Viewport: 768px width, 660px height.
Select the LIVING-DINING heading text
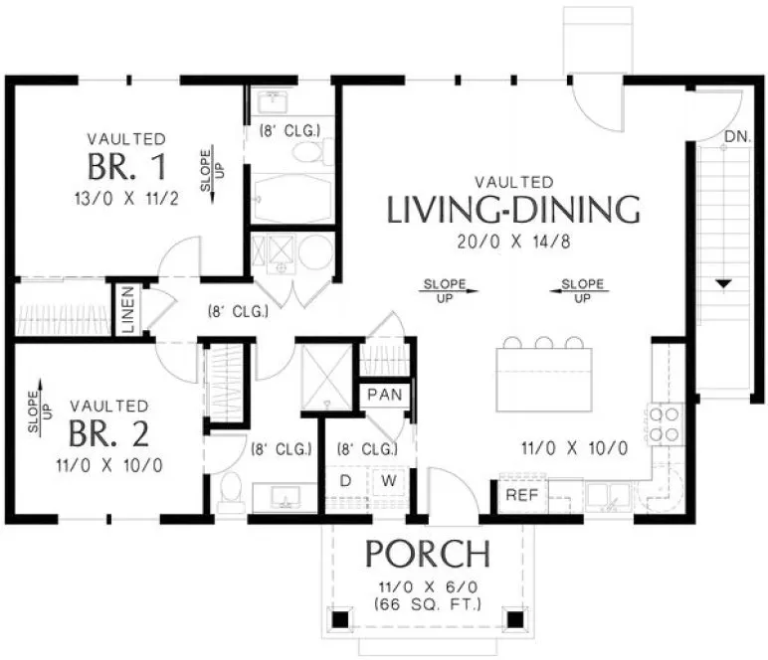[x=512, y=210]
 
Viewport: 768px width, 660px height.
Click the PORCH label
[x=427, y=554]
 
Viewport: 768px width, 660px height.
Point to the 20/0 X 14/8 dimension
[x=513, y=241]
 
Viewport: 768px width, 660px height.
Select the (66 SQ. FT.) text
[x=428, y=604]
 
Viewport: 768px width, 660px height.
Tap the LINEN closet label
[x=128, y=309]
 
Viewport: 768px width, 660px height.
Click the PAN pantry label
[x=383, y=395]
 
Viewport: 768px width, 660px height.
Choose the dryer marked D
[x=346, y=481]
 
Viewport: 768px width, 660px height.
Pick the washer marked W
[x=389, y=481]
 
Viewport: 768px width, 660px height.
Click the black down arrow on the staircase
[x=723, y=284]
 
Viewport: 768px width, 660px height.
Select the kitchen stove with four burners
[x=665, y=424]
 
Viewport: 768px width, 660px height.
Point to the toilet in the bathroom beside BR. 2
[x=231, y=492]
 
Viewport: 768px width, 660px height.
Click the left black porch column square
[x=340, y=619]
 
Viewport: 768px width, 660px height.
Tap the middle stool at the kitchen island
[x=544, y=344]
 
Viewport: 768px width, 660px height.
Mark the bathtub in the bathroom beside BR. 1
[x=290, y=199]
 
